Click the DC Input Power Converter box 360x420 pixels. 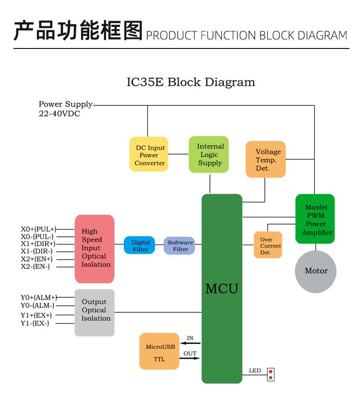pyautogui.click(x=149, y=155)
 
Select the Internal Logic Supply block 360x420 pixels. pyautogui.click(x=209, y=155)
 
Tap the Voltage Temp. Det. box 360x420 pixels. pyautogui.click(x=265, y=159)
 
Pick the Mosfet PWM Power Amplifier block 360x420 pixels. pyautogui.click(x=315, y=219)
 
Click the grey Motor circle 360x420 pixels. pyautogui.click(x=315, y=271)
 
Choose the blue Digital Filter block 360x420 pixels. pyautogui.click(x=139, y=245)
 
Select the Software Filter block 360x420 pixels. pyautogui.click(x=180, y=245)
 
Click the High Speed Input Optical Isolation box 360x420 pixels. pyautogui.click(x=95, y=249)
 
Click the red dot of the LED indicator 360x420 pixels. pyautogui.click(x=271, y=372)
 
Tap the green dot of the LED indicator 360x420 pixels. pyautogui.click(x=271, y=378)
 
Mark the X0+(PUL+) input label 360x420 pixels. pyautogui.click(x=38, y=229)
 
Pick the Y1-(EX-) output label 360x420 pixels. pyautogui.click(x=35, y=323)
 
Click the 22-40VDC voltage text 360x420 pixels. pyautogui.click(x=60, y=114)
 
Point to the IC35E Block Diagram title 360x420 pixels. pyautogui.click(x=191, y=82)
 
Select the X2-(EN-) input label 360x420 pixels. pyautogui.click(x=35, y=266)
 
